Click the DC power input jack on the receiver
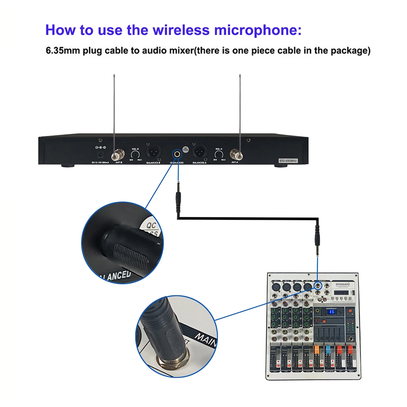pos(100,155)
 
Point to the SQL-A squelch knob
pos(219,154)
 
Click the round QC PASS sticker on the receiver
pos(186,149)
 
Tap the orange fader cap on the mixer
pos(317,350)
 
